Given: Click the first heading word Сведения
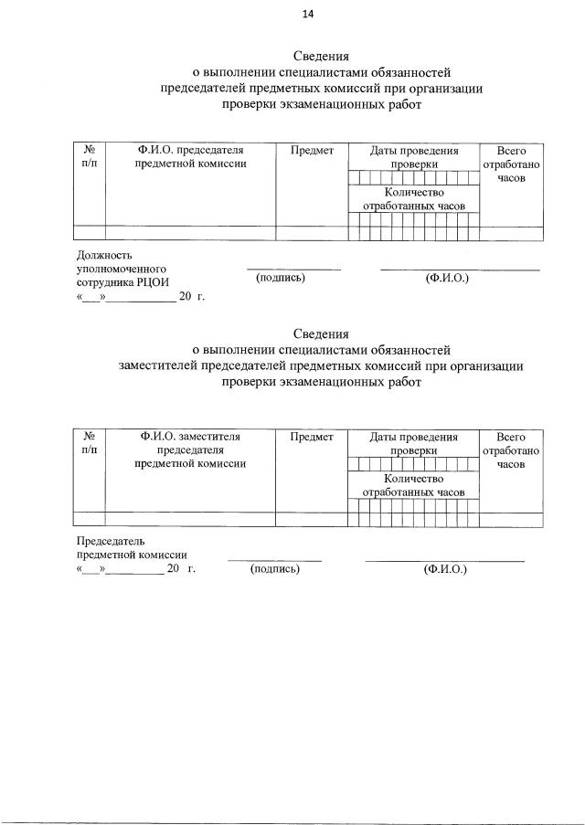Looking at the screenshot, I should click(x=321, y=56).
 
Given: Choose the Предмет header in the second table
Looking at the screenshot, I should click(x=312, y=438).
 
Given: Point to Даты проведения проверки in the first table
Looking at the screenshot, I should click(x=414, y=157).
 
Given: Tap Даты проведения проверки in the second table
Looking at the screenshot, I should click(x=414, y=444).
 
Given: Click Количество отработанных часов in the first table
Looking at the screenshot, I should click(x=414, y=199).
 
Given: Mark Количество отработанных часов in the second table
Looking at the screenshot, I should click(x=414, y=485).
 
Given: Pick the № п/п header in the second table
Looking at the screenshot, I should click(x=90, y=444).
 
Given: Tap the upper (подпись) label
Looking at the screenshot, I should click(x=281, y=277).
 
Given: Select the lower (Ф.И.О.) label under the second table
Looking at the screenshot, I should click(x=445, y=569).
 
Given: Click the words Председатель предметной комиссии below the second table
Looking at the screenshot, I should click(x=132, y=548).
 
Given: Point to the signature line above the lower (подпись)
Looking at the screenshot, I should click(x=274, y=560).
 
